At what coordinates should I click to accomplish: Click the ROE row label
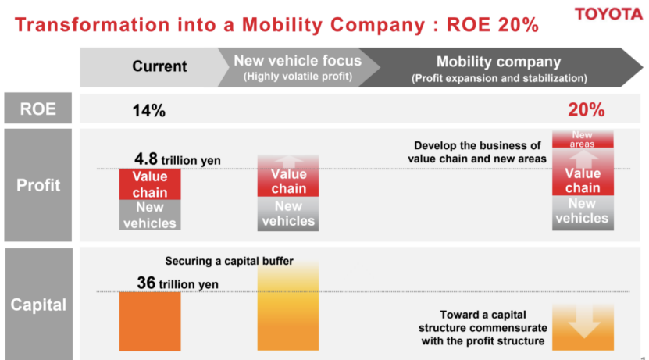click(x=38, y=109)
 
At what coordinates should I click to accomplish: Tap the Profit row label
click(x=38, y=187)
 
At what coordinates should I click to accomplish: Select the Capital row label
click(x=38, y=304)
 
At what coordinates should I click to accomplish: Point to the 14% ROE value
click(x=148, y=110)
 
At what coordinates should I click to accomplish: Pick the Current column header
click(x=159, y=66)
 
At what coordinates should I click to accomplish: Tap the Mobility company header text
click(x=498, y=62)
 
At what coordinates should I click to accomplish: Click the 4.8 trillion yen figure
click(x=177, y=160)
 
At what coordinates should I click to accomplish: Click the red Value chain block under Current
click(x=150, y=184)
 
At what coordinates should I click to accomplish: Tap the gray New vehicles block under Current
click(x=150, y=215)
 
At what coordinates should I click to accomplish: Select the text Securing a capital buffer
click(x=229, y=262)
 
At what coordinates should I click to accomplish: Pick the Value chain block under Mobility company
click(x=583, y=180)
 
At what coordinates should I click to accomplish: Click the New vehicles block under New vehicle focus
click(x=288, y=214)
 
